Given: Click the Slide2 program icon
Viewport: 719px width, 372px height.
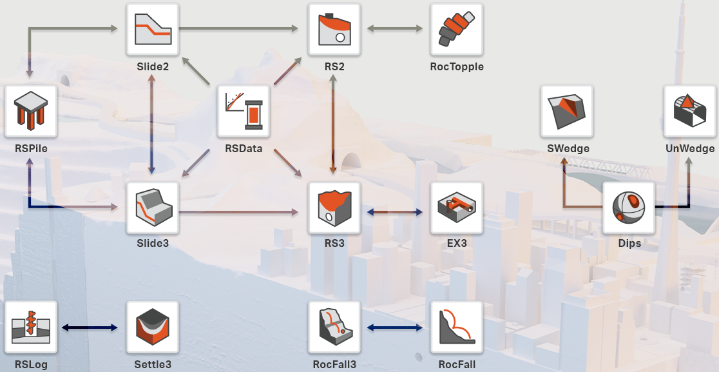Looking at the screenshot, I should pyautogui.click(x=153, y=30).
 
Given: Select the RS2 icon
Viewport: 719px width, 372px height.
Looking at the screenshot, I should pyautogui.click(x=334, y=30).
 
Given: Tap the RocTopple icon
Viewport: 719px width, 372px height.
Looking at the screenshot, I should pyautogui.click(x=456, y=30).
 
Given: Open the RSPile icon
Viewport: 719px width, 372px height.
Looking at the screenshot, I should pyautogui.click(x=31, y=112).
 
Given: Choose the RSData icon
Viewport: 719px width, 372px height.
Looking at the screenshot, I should pyautogui.click(x=244, y=112).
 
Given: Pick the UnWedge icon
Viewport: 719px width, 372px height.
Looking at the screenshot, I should pyautogui.click(x=690, y=112).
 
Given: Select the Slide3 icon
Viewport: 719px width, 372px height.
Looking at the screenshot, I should pyautogui.click(x=153, y=208).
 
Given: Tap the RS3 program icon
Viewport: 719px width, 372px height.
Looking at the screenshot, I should pyautogui.click(x=334, y=208).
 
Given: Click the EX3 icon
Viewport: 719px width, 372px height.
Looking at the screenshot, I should pyautogui.click(x=456, y=208).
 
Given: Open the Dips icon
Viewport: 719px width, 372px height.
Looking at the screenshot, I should pyautogui.click(x=629, y=208).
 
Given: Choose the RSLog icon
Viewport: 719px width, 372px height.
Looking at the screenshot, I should pyautogui.click(x=31, y=327).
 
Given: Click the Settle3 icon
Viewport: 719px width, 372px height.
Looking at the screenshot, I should pyautogui.click(x=153, y=327).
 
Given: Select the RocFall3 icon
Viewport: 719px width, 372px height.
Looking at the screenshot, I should pyautogui.click(x=334, y=327).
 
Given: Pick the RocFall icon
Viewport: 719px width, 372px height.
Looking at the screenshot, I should pyautogui.click(x=456, y=327).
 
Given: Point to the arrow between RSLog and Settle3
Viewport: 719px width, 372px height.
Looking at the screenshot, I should pyautogui.click(x=91, y=328).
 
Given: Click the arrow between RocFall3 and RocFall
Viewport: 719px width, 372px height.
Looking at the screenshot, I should pyautogui.click(x=395, y=328).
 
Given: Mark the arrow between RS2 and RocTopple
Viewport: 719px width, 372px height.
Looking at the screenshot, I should pyautogui.click(x=395, y=28).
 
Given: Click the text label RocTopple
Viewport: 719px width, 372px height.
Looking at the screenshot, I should pyautogui.click(x=456, y=66).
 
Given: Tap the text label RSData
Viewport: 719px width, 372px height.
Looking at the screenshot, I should pyautogui.click(x=244, y=149).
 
